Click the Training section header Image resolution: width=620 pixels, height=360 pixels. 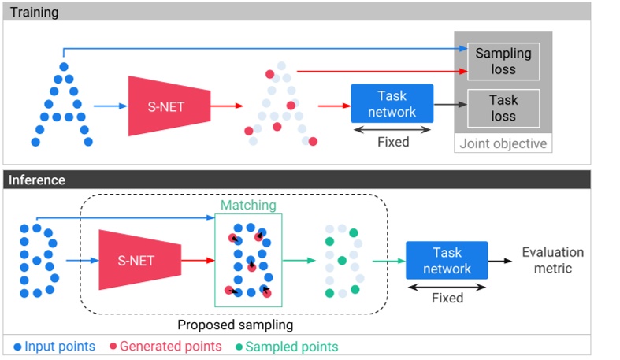click(x=34, y=13)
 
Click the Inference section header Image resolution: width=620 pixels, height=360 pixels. click(x=36, y=180)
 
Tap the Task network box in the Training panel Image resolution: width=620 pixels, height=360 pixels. click(x=392, y=103)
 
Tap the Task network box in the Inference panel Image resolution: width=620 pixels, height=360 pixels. click(x=447, y=261)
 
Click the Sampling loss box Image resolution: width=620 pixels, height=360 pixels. click(x=503, y=61)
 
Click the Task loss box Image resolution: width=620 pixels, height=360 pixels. click(x=503, y=108)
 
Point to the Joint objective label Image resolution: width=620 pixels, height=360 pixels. click(x=503, y=144)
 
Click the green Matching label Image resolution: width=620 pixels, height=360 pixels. click(x=248, y=205)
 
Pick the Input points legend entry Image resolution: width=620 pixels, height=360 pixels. click(x=54, y=347)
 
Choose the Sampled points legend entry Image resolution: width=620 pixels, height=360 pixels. click(x=287, y=347)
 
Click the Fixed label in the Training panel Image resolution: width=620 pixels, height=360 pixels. click(x=392, y=143)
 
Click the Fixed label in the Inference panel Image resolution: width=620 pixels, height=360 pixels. click(x=447, y=299)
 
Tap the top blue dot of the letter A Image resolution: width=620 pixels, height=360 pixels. click(x=64, y=67)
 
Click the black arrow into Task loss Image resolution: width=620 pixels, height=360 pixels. click(x=450, y=104)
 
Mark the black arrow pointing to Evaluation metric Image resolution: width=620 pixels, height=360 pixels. click(x=501, y=260)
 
